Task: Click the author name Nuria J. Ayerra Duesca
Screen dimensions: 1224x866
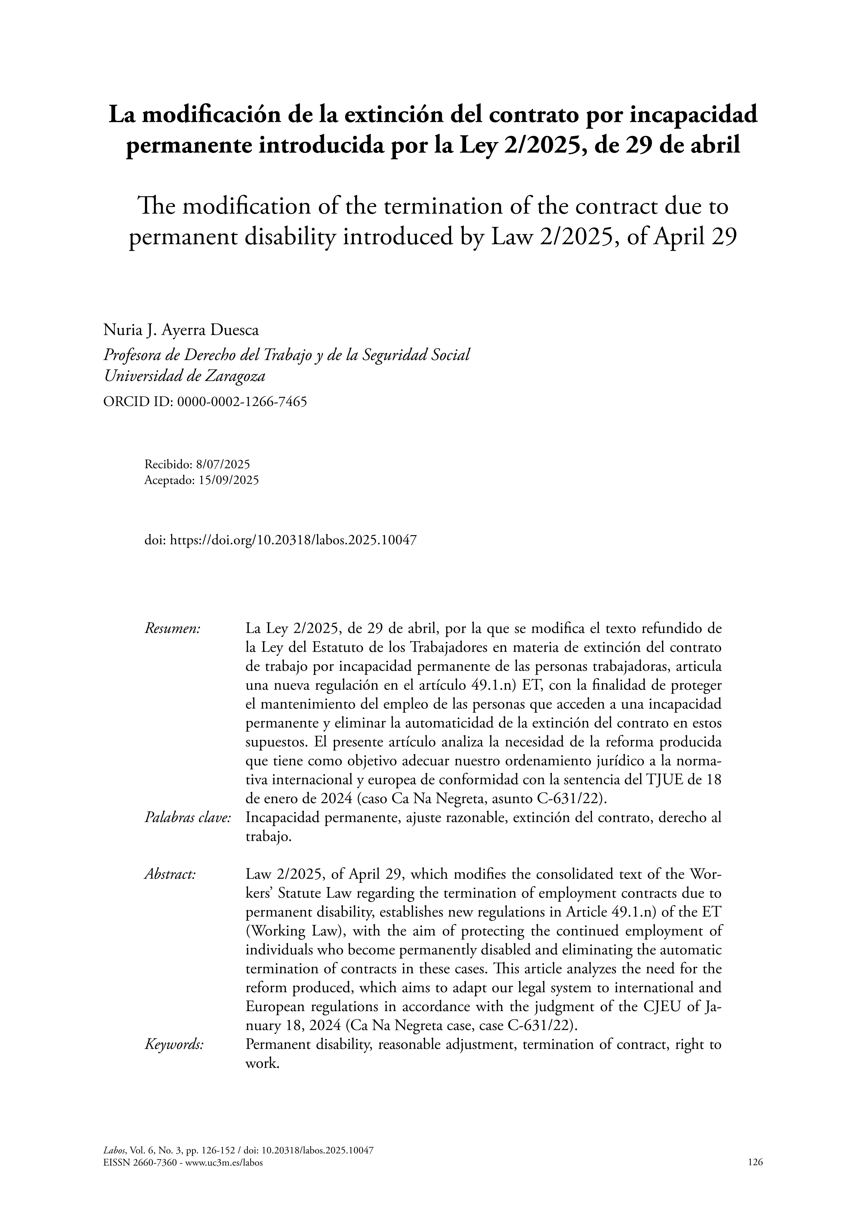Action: (181, 331)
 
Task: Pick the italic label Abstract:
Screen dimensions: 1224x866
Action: (170, 874)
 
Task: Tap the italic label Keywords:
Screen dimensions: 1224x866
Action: (174, 1044)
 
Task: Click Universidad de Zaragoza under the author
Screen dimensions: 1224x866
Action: (184, 376)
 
